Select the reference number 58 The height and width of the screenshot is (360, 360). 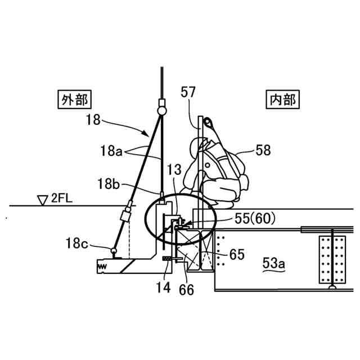(x=263, y=150)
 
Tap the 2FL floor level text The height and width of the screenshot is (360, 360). (x=61, y=198)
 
